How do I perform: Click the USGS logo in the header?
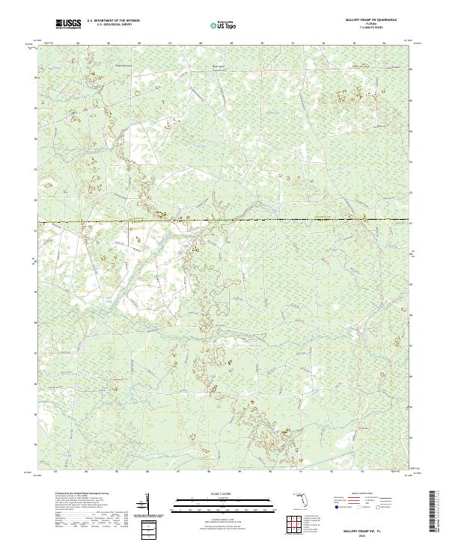tap(68, 25)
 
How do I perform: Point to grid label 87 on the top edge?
tap(171, 44)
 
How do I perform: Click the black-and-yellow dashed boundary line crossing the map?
tap(224, 221)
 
